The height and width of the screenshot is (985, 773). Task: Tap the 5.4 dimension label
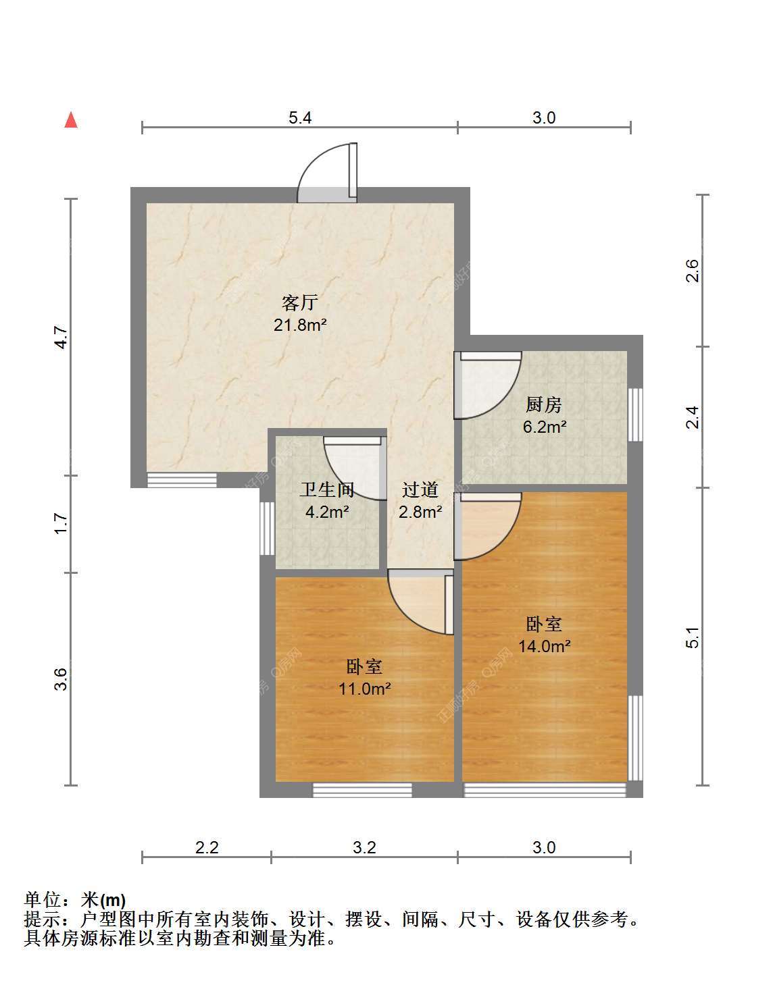coord(300,118)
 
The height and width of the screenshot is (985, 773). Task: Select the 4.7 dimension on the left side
coord(61,338)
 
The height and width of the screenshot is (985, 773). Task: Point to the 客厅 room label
coord(300,302)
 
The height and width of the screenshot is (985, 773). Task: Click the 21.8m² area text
coord(300,325)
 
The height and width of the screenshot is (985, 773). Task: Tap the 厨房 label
coord(543,404)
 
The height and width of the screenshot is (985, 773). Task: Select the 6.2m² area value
coord(545,427)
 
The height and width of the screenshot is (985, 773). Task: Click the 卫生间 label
coord(326,489)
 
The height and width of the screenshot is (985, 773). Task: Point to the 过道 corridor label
coord(420,489)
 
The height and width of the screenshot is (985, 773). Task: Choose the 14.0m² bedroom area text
coord(545,645)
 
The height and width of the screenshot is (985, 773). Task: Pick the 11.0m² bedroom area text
coord(365,689)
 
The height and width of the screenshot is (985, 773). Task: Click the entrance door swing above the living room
coord(327,173)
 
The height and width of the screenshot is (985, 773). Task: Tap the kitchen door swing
coord(488,385)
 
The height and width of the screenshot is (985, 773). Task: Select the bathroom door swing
coord(355,469)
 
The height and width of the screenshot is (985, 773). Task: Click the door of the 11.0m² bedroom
coord(421,602)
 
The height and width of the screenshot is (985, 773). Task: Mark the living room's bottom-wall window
coord(182,480)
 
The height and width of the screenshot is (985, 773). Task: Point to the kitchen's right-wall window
coord(636,415)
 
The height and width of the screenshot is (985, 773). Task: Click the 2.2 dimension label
coord(207,847)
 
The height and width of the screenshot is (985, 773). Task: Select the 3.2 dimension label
coord(364,847)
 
